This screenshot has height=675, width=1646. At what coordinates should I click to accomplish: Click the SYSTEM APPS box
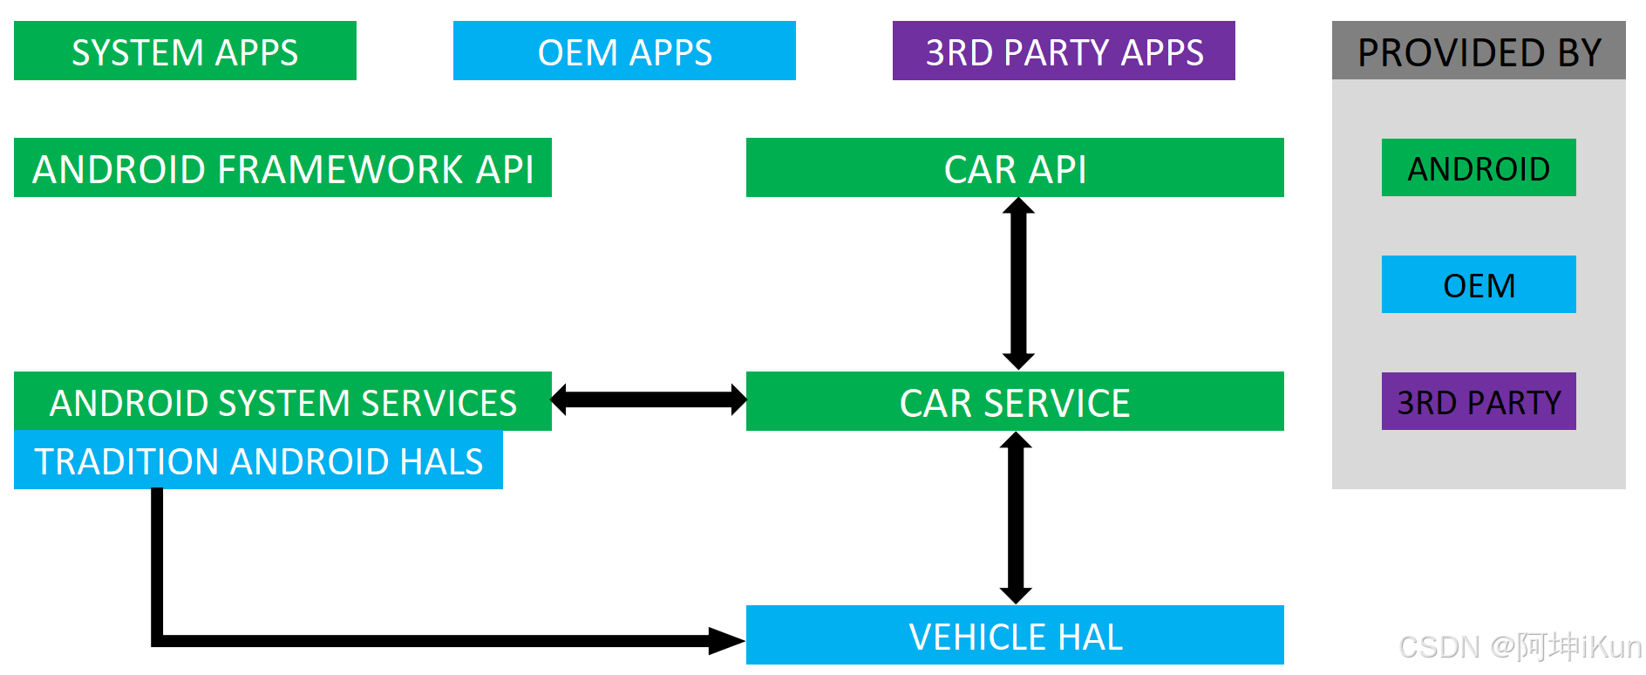pos(185,51)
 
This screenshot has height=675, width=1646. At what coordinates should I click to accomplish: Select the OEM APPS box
pos(624,51)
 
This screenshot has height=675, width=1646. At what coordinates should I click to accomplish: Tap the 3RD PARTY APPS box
pos(1064,51)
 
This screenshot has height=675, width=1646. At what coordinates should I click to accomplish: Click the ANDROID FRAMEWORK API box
pos(282,168)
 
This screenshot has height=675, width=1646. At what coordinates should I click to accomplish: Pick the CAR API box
pos(1015,168)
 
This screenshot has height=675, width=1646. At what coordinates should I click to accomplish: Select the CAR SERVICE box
pos(1015,402)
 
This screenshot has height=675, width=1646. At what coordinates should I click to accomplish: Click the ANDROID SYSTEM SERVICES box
pos(282,402)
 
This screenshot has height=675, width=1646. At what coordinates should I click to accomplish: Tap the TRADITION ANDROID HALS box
pos(258,460)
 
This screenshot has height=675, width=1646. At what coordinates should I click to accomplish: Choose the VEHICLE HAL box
pos(1015,636)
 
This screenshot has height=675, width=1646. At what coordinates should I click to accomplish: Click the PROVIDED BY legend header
pos(1479,51)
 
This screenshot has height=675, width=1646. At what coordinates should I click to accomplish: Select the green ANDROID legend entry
pos(1479,168)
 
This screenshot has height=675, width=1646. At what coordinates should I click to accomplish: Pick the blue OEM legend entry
pos(1479,285)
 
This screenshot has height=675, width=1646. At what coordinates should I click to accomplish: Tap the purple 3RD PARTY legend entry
pos(1479,402)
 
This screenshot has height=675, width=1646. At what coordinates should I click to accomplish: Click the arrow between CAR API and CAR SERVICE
pos(1017,283)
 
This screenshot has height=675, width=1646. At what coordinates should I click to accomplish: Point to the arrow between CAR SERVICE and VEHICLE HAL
pos(1015,518)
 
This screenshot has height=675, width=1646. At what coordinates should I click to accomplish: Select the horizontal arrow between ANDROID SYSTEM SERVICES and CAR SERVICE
pos(649,399)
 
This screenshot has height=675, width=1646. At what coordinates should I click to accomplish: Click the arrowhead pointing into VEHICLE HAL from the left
pos(727,641)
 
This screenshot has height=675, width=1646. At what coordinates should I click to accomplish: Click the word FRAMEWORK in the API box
pos(340,169)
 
